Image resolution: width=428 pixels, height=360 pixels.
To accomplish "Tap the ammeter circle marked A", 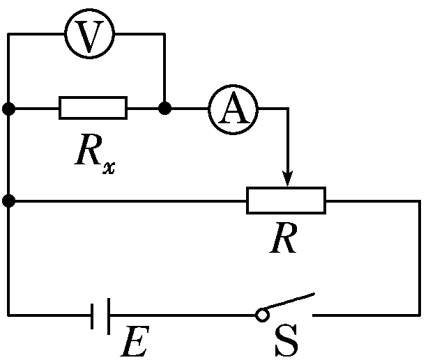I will (234, 109).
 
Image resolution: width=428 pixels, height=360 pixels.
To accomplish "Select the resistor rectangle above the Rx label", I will (93, 109).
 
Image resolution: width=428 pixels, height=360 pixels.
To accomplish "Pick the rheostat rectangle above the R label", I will (286, 201).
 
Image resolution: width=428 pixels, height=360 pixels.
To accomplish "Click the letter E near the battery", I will (132, 341).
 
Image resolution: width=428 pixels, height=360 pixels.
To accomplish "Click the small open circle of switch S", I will (261, 315).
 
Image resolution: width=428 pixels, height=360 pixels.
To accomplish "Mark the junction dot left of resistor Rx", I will (8, 109).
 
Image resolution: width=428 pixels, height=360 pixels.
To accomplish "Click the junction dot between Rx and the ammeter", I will (165, 109).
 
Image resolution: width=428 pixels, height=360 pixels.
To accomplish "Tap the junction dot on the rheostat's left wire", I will (8, 201).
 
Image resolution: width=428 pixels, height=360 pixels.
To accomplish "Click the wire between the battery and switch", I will (181, 315).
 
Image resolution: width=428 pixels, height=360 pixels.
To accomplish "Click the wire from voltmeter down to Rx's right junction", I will (165, 70).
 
